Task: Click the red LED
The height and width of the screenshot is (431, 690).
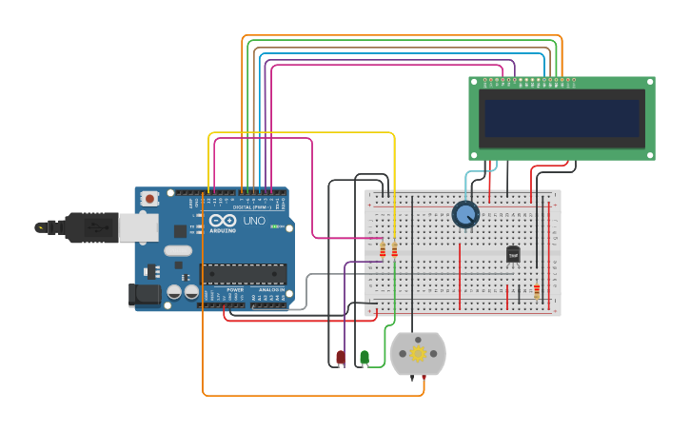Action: pos(341,358)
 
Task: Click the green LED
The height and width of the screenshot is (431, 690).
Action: pos(365,358)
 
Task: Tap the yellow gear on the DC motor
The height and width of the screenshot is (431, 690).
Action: pos(418,354)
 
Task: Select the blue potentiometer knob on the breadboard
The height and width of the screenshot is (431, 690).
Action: pos(465,215)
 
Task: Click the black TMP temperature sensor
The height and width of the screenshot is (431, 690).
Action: pos(513,255)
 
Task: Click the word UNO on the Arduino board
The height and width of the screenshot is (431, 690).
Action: pos(254,221)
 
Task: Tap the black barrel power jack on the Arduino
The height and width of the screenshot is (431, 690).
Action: pos(144,294)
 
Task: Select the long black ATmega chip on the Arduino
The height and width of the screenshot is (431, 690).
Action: pos(244,274)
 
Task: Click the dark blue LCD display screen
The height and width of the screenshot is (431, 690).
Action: pos(562,119)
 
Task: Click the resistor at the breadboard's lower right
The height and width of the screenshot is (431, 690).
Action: pos(537,291)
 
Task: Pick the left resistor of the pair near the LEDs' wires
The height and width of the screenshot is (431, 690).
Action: pos(384,250)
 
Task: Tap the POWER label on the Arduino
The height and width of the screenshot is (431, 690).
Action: pos(222,289)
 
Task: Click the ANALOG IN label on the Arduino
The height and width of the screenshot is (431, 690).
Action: pos(270,289)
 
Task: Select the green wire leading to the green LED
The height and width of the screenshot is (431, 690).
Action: pos(394,295)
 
